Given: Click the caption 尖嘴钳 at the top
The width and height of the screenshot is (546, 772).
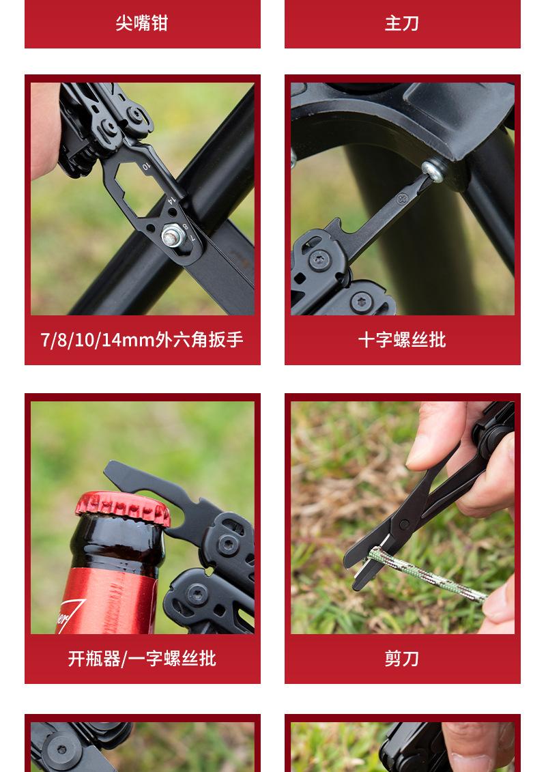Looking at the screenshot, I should (142, 23).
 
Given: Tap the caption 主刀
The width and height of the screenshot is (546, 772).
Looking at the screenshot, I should (402, 23).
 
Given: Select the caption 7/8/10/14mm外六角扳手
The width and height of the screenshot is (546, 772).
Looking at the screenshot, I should (142, 339).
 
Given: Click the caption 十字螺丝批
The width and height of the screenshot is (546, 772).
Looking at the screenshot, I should (402, 339).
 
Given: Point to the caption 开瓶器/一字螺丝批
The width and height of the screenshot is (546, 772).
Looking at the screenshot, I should (142, 658).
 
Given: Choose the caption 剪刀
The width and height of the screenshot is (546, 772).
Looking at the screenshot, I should (402, 658).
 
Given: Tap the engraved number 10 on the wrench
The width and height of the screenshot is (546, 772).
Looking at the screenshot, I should (146, 165).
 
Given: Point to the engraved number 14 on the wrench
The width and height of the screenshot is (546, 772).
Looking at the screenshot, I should (171, 200).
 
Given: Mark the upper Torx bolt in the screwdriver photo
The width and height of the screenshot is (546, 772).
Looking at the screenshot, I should (319, 260).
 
